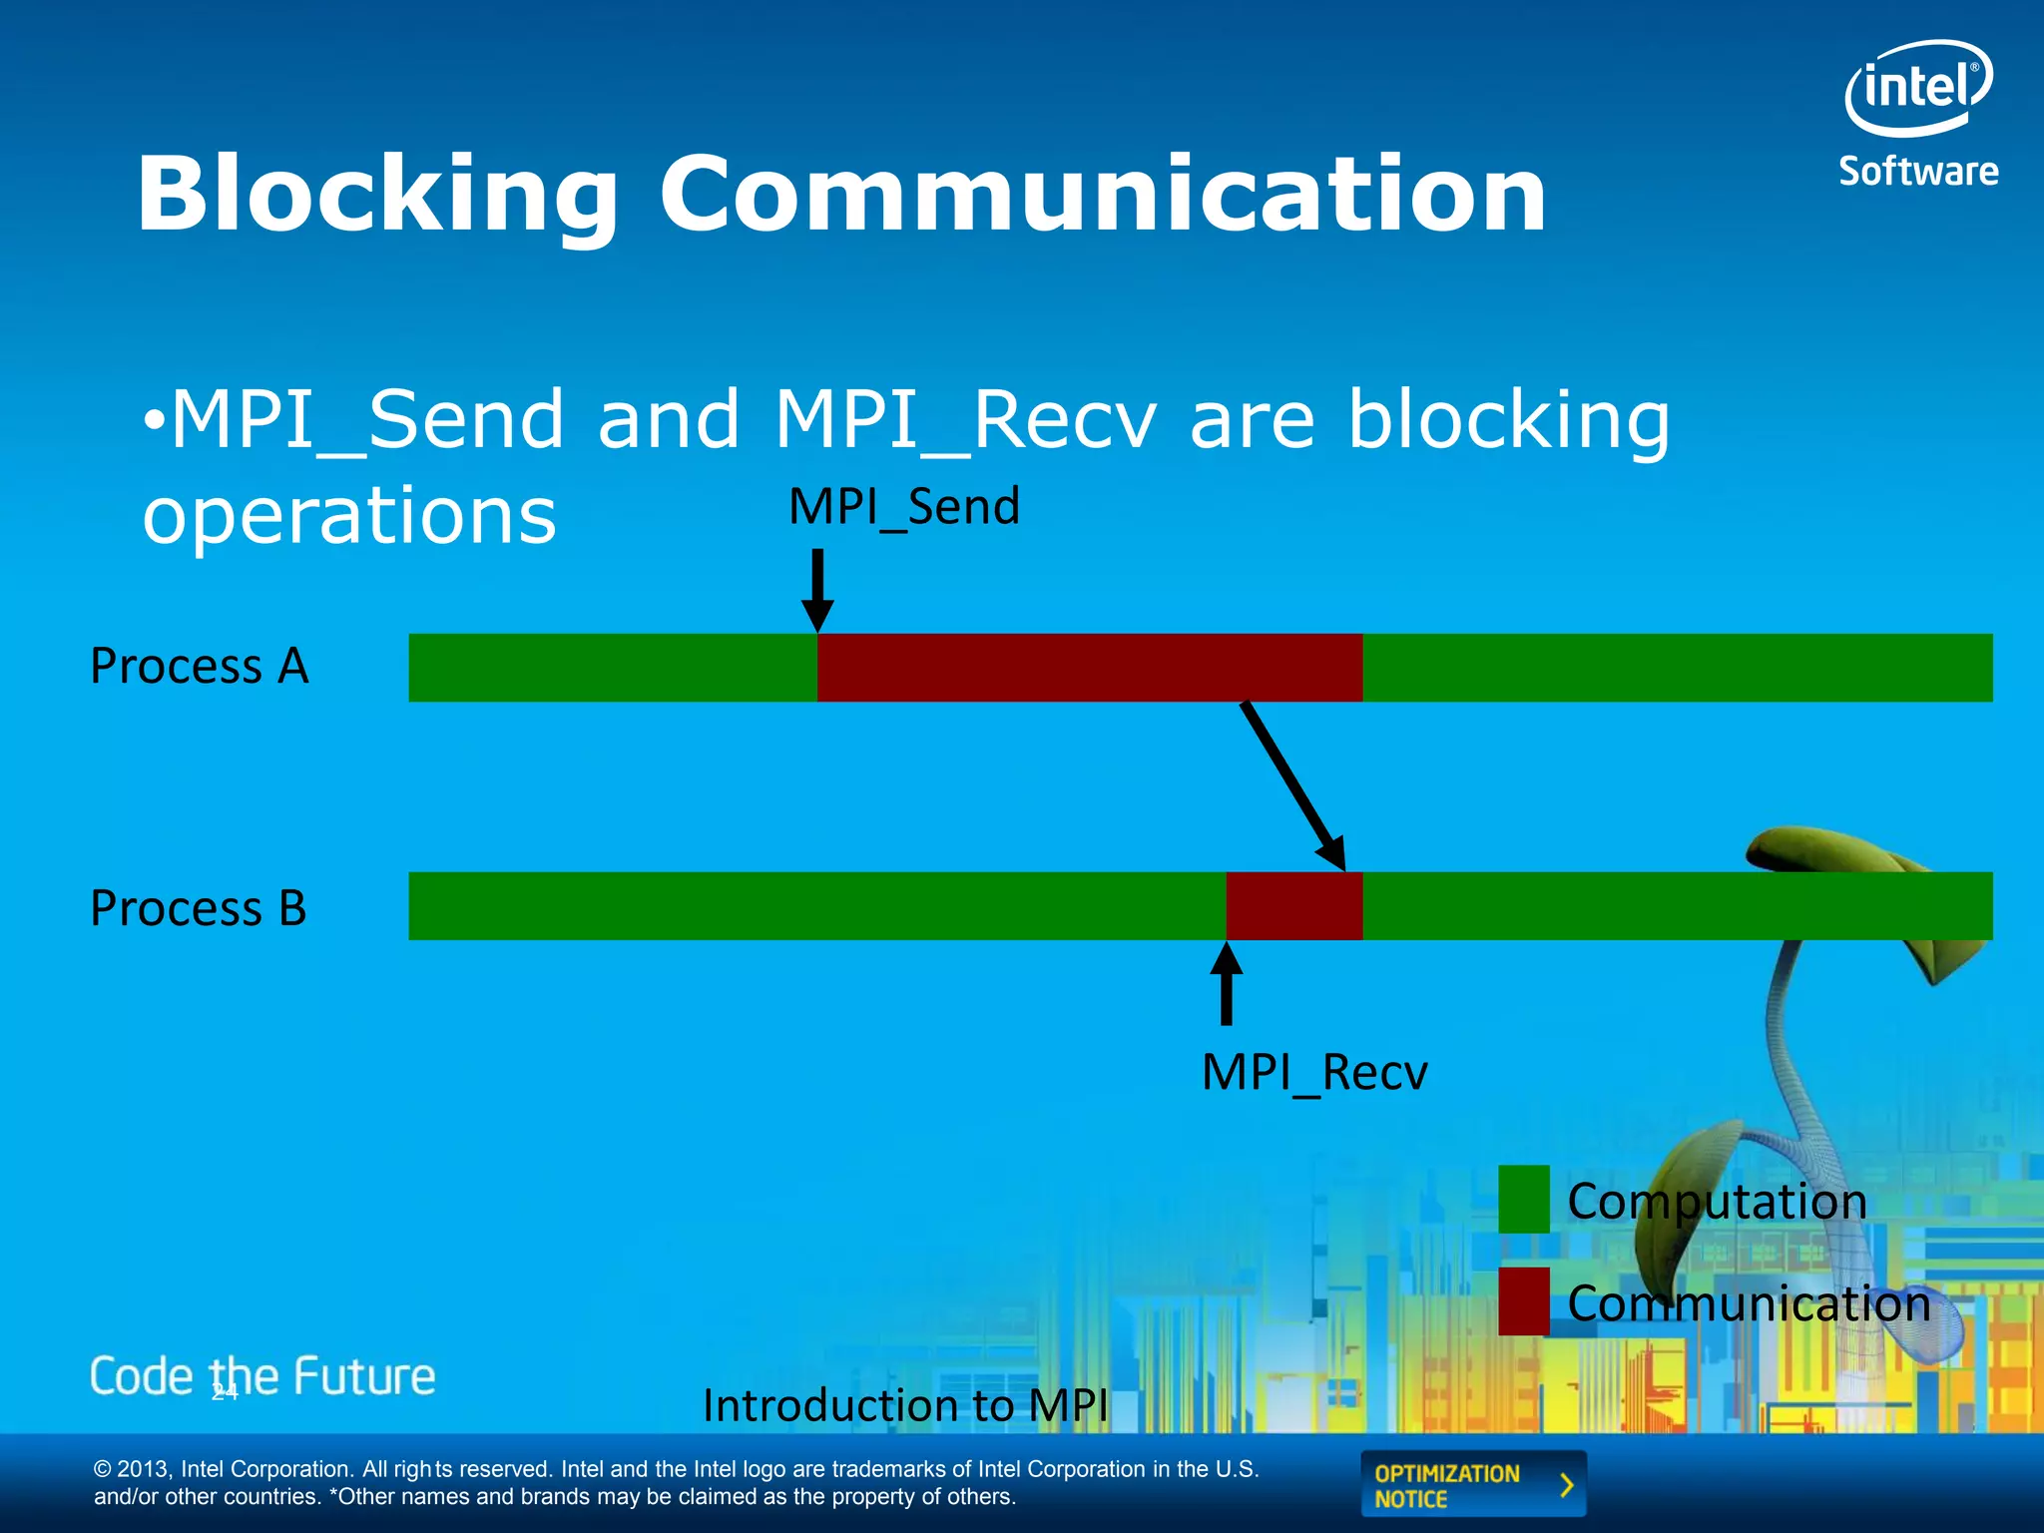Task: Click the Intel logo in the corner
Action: (x=1918, y=88)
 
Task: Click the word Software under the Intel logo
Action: (x=1918, y=172)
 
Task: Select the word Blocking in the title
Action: (x=377, y=195)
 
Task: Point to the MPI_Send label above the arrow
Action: (x=904, y=506)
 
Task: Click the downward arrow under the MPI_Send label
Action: (x=817, y=589)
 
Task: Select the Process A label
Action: (x=200, y=666)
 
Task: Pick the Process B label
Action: (x=199, y=908)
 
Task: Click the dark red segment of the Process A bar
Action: (x=1089, y=667)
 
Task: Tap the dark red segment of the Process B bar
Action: (x=1293, y=906)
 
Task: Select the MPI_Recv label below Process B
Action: (x=1314, y=1073)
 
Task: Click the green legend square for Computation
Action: (x=1523, y=1200)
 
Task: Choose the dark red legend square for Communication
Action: (x=1523, y=1301)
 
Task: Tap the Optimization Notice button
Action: (x=1472, y=1485)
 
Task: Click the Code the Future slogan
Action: (x=262, y=1376)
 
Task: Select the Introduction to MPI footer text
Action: (x=905, y=1405)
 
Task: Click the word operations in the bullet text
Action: (x=349, y=516)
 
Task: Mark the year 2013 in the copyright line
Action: (x=145, y=1469)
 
